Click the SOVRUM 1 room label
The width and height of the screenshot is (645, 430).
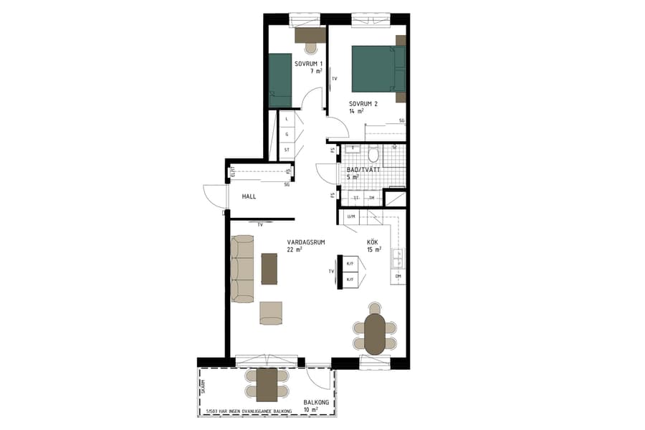[x=309, y=64]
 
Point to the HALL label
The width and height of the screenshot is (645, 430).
[x=249, y=196]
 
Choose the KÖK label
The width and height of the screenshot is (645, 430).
[x=373, y=242]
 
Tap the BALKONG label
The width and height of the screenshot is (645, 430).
[x=316, y=403]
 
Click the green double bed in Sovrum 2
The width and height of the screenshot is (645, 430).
[x=374, y=69]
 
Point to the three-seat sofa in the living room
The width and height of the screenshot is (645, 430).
[x=244, y=269]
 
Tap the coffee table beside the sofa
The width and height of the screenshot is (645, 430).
[x=269, y=269]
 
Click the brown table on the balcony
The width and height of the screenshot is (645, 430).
[x=267, y=385]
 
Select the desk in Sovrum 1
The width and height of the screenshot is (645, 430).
[x=310, y=34]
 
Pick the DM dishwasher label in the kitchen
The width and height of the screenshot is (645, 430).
[x=398, y=276]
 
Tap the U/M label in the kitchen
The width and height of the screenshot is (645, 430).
[x=350, y=217]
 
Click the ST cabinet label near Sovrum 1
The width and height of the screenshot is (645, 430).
[x=287, y=150]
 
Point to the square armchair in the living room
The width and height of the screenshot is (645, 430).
[x=271, y=312]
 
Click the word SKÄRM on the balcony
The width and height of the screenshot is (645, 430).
[x=204, y=386]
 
